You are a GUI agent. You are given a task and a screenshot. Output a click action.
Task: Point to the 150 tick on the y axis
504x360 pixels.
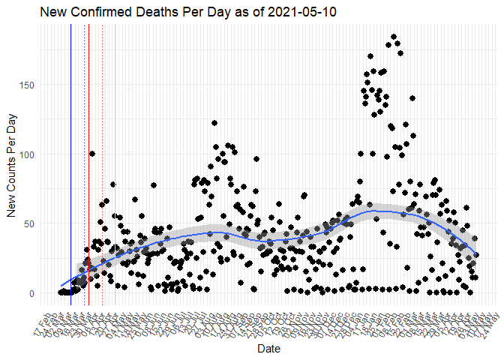28,85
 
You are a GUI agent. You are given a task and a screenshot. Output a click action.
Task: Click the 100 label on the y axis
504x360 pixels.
28,154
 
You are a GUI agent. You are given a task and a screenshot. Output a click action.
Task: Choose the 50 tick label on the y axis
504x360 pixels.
30,223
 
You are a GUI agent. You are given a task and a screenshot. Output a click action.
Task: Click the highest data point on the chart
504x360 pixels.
394,37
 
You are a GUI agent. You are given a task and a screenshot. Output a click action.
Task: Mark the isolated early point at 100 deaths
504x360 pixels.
92,154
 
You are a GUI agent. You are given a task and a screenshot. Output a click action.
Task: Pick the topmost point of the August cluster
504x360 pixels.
214,123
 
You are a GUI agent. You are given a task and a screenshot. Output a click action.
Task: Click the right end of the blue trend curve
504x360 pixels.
476,256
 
